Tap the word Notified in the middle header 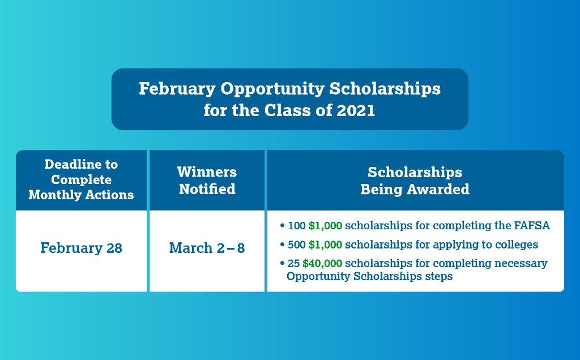(x=207, y=189)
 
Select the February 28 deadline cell (x=81, y=248)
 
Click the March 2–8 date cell (x=207, y=248)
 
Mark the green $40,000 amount (x=325, y=263)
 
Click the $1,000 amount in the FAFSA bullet (x=325, y=226)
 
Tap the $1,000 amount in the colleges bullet (x=325, y=245)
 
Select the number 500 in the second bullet (x=296, y=245)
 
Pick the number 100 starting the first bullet (x=296, y=226)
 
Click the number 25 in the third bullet (x=293, y=263)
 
